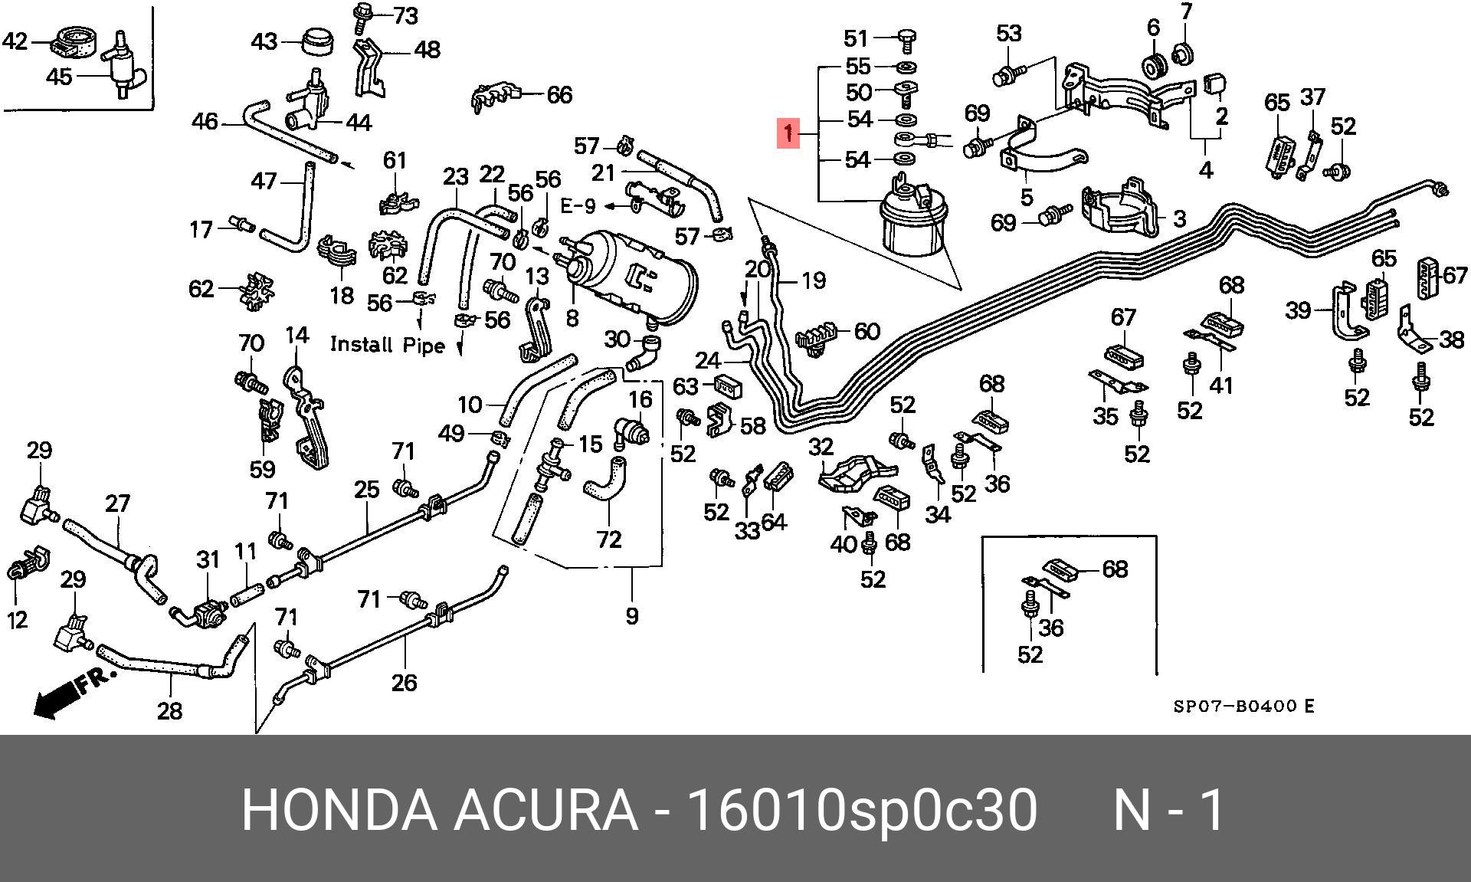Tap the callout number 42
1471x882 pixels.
(x=15, y=41)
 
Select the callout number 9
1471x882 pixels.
(x=631, y=615)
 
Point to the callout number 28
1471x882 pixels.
(x=169, y=711)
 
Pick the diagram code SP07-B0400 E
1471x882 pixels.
(x=1243, y=706)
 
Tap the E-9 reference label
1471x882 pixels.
(x=578, y=205)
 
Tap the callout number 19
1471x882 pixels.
(x=813, y=280)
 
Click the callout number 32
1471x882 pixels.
(x=821, y=446)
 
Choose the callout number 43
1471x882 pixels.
(x=264, y=41)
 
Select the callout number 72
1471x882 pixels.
(x=608, y=539)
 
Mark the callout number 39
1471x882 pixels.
(x=1298, y=310)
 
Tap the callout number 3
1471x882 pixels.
(x=1180, y=219)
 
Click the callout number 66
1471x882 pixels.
(x=559, y=95)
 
